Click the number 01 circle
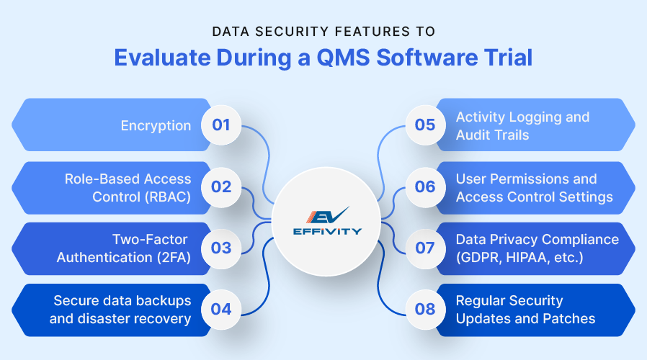tap(221, 125)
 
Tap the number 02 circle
tap(221, 187)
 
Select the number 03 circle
tap(221, 248)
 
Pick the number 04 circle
tap(221, 310)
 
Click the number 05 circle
tap(425, 125)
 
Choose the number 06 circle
tap(425, 187)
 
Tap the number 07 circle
tap(425, 248)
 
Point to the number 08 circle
tap(425, 310)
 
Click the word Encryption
tap(156, 125)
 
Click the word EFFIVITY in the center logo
tap(323, 232)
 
